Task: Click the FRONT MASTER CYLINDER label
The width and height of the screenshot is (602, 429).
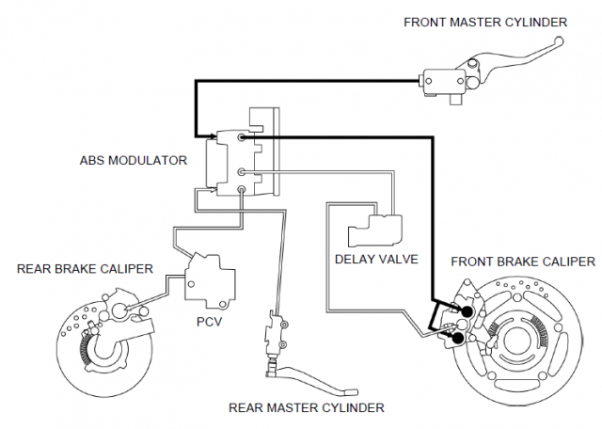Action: (x=485, y=23)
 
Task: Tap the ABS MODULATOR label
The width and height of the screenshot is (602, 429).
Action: (x=134, y=160)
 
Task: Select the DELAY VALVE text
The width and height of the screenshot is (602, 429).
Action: (x=376, y=260)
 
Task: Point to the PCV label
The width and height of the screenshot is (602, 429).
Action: (x=209, y=321)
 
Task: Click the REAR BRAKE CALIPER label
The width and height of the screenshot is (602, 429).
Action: (x=85, y=268)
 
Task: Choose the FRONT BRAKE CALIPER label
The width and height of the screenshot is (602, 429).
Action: (x=523, y=262)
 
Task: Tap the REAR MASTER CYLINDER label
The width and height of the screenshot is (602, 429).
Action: (x=307, y=407)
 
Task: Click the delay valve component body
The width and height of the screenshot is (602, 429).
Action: (x=376, y=230)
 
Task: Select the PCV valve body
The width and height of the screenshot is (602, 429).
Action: (x=210, y=280)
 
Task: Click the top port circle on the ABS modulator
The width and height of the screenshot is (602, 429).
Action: (x=242, y=137)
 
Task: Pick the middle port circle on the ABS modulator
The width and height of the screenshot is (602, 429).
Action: (x=242, y=172)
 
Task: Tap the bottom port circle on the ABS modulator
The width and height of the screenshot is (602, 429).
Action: (x=242, y=189)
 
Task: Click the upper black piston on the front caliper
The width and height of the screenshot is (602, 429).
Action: (x=467, y=311)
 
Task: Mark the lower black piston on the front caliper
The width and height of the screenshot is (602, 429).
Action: (x=458, y=338)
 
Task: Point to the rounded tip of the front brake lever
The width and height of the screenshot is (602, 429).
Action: (x=560, y=40)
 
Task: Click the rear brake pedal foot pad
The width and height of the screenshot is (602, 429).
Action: (x=351, y=392)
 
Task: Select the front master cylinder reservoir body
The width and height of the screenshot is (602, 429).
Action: (x=444, y=81)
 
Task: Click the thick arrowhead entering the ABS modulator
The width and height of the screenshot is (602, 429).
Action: (x=213, y=136)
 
